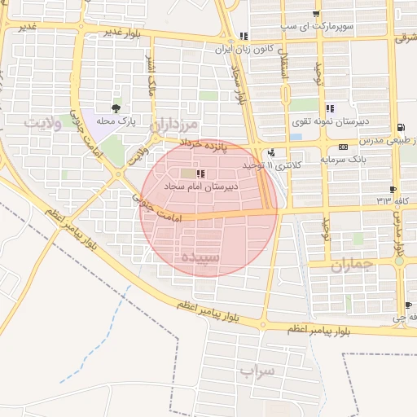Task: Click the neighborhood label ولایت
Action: pyautogui.click(x=43, y=124)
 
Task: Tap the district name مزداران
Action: pyautogui.click(x=174, y=124)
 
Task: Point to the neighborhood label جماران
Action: pyautogui.click(x=352, y=264)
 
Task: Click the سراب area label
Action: pyautogui.click(x=257, y=371)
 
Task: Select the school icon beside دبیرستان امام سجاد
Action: pyautogui.click(x=200, y=173)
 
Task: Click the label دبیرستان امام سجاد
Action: pyautogui.click(x=202, y=187)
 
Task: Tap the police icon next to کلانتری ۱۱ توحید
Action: pyautogui.click(x=270, y=152)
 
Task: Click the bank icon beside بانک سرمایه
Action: pyautogui.click(x=344, y=147)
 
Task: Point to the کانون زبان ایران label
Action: pyautogui.click(x=219, y=49)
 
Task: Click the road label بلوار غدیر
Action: pyautogui.click(x=123, y=32)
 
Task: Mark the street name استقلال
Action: pyautogui.click(x=284, y=71)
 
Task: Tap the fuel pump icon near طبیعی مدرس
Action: pyautogui.click(x=401, y=128)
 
